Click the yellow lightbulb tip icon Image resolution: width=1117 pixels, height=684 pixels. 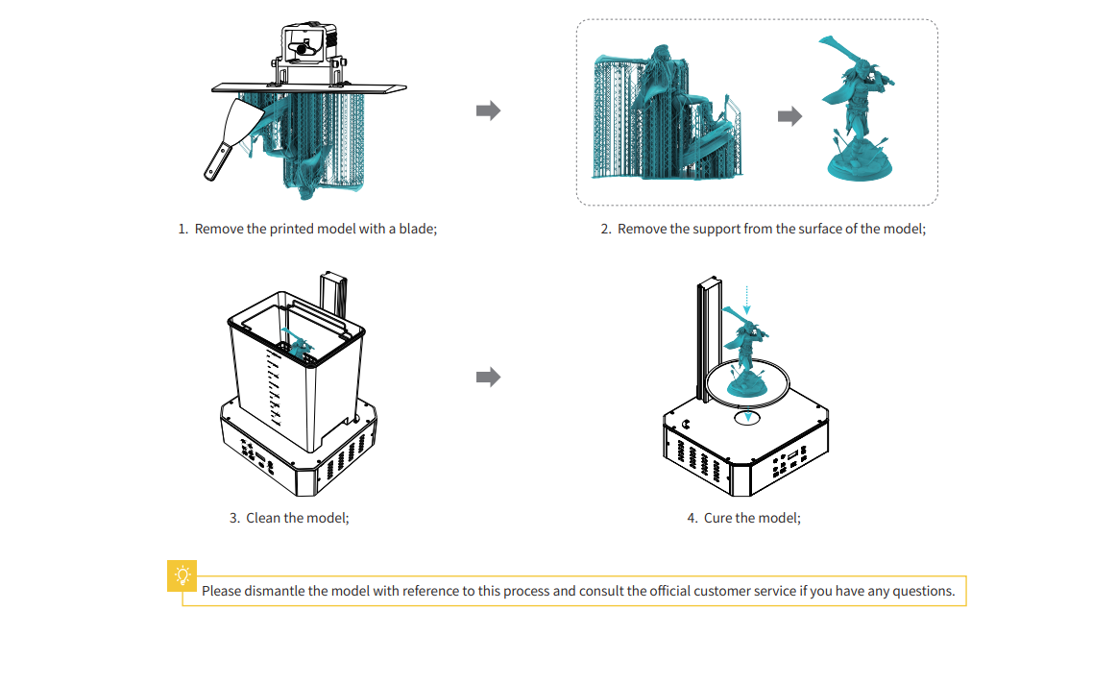182,574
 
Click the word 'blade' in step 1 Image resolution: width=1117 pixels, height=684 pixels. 414,230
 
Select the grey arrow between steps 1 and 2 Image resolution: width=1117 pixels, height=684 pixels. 489,110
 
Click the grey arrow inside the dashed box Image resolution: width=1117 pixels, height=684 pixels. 789,116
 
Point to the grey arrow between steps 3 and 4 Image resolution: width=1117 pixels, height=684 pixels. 489,377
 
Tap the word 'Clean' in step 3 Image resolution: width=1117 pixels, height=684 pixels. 263,518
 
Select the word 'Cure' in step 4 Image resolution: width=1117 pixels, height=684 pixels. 717,518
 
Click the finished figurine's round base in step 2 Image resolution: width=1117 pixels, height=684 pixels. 862,166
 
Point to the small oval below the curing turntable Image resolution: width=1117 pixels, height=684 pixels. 748,418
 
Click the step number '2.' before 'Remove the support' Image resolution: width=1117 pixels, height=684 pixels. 606,230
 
